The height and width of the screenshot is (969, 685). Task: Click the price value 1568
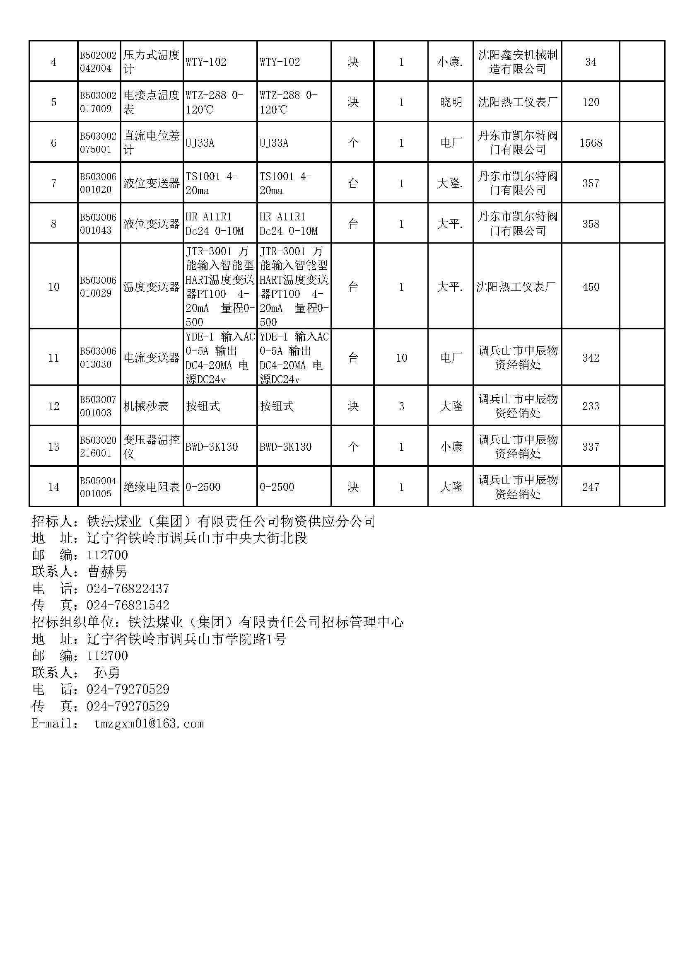(591, 143)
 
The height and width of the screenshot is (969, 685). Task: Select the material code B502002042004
(98, 62)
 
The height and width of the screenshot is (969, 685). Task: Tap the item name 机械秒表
(146, 406)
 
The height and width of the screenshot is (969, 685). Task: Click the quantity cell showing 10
(401, 358)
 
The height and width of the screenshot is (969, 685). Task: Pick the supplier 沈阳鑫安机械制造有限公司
(518, 62)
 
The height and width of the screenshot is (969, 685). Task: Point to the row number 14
(53, 487)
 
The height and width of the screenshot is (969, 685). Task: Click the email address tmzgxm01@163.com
(149, 724)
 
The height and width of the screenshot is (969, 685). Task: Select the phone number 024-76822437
(128, 588)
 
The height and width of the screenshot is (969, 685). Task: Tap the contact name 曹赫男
(107, 571)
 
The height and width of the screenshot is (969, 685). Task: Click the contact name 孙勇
(107, 673)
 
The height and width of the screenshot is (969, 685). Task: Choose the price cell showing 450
(591, 287)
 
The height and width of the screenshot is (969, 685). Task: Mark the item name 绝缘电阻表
(152, 487)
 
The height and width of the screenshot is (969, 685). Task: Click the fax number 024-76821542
(128, 605)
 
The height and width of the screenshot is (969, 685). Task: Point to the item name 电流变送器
(152, 358)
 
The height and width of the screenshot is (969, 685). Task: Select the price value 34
(591, 62)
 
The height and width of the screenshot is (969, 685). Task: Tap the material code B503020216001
(98, 447)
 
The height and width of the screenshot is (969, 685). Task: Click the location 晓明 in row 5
(451, 102)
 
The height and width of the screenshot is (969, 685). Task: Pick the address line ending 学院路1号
(186, 639)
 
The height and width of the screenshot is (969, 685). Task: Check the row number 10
(53, 287)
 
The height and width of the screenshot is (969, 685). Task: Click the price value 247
(591, 487)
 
